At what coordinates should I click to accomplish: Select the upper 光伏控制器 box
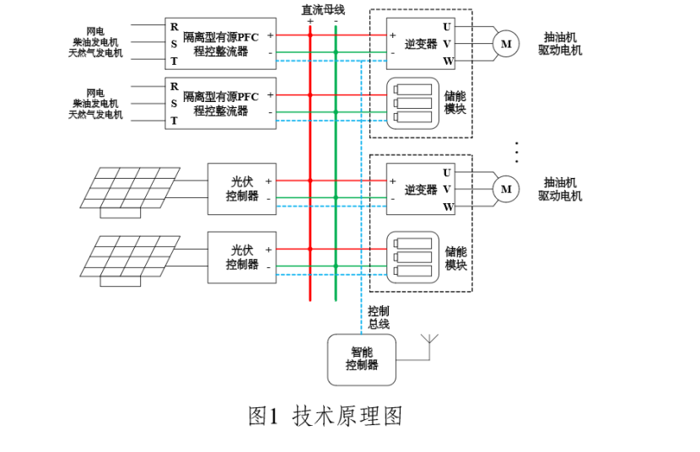point(242,189)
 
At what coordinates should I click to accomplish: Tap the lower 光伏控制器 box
point(242,257)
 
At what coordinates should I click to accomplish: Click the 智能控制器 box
point(362,359)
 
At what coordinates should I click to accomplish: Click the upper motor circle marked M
point(506,44)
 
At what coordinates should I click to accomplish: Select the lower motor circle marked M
point(506,189)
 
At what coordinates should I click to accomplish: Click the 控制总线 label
point(379,317)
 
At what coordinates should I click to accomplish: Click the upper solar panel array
point(131,189)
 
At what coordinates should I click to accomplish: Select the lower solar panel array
point(131,257)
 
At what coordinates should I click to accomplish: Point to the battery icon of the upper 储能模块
point(413,102)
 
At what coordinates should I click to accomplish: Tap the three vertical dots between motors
point(516,152)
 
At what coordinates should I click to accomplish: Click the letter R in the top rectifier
point(175,26)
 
